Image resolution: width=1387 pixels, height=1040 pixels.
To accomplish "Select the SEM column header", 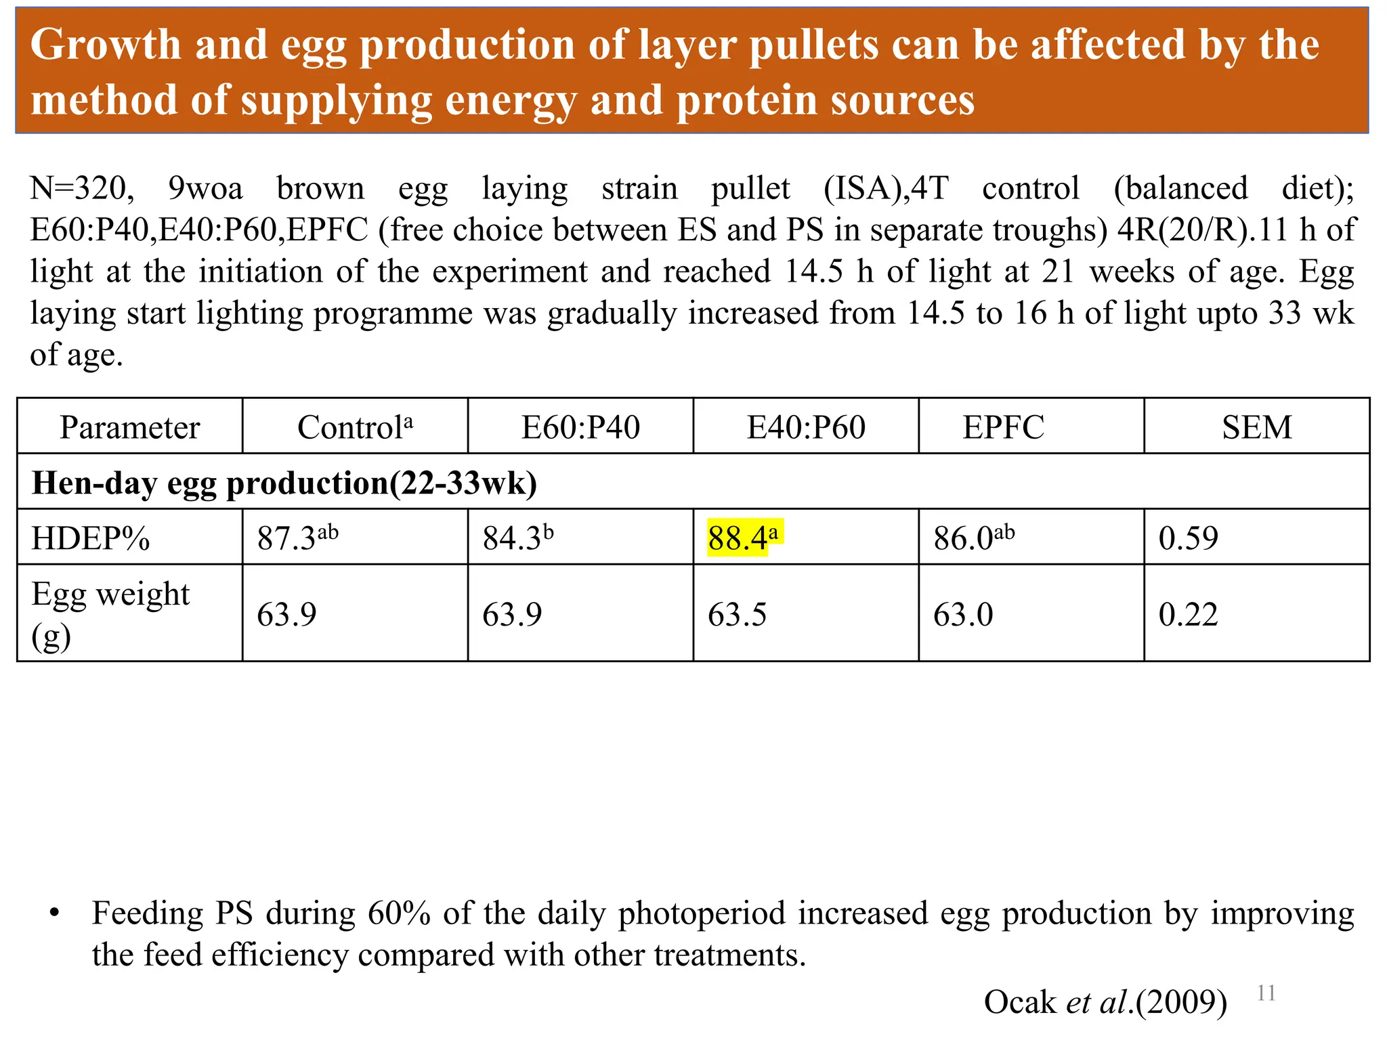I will (1256, 427).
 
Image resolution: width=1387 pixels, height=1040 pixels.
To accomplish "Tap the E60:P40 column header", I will (580, 427).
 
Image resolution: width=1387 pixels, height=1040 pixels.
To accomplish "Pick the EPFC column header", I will (1003, 427).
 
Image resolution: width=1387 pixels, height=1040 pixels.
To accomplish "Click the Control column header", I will (355, 427).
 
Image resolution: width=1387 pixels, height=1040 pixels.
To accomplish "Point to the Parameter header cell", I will (129, 427).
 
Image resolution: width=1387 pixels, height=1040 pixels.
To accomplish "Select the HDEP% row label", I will (90, 538).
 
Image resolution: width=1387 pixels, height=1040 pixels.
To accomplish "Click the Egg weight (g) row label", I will (110, 614).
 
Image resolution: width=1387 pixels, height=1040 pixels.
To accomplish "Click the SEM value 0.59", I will (1188, 538).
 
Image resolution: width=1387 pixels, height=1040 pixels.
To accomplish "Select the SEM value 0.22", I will (1188, 615).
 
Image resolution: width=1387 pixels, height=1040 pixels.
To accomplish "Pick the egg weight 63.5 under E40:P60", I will (737, 615).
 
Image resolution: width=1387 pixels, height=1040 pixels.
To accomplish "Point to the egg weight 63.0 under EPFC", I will (962, 615).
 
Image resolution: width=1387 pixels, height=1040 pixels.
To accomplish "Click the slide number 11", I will (1266, 993).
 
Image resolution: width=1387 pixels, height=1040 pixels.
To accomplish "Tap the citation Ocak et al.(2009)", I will (1105, 1002).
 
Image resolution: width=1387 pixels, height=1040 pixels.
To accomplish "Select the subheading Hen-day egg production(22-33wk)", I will (284, 483).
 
